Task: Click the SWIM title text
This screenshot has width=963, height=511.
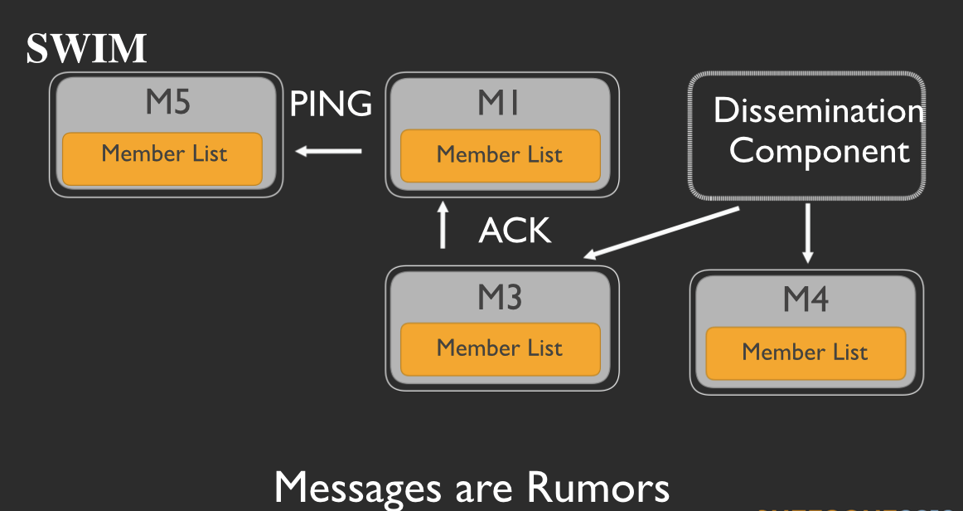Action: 86,50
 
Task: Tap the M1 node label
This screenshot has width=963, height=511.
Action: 498,103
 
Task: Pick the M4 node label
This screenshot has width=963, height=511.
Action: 806,299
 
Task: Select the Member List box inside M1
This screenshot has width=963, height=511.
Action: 500,155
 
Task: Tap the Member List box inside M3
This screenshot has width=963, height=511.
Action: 500,348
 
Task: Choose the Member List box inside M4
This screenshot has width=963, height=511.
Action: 805,352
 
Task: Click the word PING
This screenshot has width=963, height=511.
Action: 331,104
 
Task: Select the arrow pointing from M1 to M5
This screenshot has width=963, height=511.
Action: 329,151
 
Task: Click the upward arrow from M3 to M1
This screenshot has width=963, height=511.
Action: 443,224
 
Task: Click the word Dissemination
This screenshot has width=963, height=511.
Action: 819,112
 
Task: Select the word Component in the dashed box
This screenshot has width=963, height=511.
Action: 819,152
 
